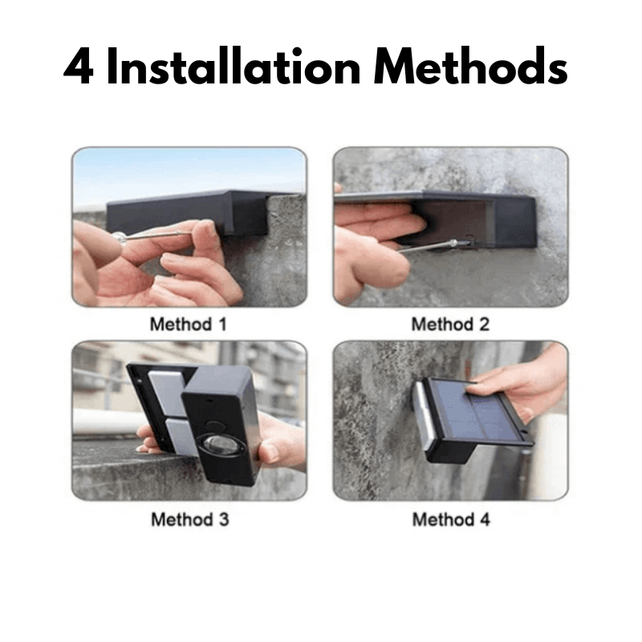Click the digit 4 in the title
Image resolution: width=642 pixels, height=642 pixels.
pyautogui.click(x=79, y=67)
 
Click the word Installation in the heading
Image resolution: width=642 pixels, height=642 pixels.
pyautogui.click(x=233, y=66)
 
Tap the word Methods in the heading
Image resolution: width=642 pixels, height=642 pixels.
pyautogui.click(x=470, y=66)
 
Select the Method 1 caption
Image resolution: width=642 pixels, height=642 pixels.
pyautogui.click(x=189, y=324)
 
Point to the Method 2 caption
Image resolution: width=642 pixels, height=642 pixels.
pyautogui.click(x=450, y=324)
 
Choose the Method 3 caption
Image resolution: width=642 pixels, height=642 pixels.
pyautogui.click(x=190, y=519)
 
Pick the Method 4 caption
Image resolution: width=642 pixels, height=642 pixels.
pyautogui.click(x=451, y=519)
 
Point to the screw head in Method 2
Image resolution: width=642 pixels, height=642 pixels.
pyautogui.click(x=453, y=243)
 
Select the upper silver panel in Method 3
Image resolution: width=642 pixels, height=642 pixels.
pyautogui.click(x=168, y=392)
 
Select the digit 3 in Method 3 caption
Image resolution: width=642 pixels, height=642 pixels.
pyautogui.click(x=224, y=519)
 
